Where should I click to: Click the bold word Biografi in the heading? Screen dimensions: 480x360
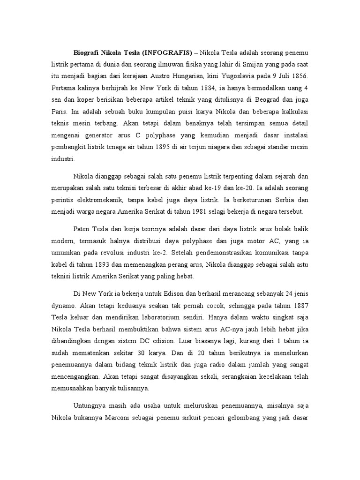[x=87, y=51]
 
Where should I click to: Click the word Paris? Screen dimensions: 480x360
[x=60, y=112]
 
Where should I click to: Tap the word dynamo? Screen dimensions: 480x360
[x=63, y=305]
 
